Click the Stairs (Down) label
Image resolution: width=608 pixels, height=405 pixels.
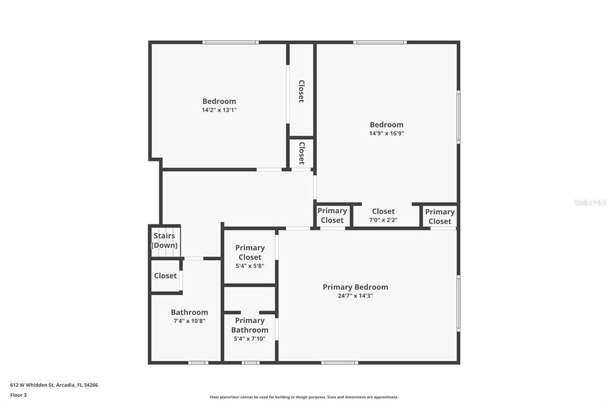[x=164, y=241]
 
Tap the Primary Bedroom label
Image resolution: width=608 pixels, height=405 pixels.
[x=355, y=287]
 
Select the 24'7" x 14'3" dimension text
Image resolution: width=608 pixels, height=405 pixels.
[x=355, y=296]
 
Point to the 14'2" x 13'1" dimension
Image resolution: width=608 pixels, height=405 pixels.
[x=219, y=110]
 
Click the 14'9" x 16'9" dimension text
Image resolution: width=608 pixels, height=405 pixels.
[x=387, y=134]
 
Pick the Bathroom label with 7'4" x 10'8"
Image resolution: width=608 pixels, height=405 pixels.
[x=189, y=312]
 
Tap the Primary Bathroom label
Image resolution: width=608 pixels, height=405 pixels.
[x=249, y=325]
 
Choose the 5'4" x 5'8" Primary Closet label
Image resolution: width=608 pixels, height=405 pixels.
[x=250, y=252]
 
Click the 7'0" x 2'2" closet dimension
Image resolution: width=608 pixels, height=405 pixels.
[x=383, y=220]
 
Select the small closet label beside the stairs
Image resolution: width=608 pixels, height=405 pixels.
[x=165, y=276]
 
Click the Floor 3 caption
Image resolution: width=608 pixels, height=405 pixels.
[x=18, y=395]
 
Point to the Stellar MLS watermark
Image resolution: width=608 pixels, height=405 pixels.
[x=590, y=202]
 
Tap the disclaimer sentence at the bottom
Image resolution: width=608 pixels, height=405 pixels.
[x=303, y=397]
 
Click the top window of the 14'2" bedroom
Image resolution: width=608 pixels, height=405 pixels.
[x=230, y=42]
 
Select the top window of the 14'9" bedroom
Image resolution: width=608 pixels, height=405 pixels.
[x=380, y=42]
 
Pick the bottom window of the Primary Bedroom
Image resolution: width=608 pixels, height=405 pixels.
[x=340, y=362]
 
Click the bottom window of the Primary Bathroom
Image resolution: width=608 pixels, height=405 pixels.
[x=251, y=362]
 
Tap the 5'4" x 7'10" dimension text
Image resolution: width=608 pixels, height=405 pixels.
[x=249, y=338]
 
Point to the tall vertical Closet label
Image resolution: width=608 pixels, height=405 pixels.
[x=302, y=91]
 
